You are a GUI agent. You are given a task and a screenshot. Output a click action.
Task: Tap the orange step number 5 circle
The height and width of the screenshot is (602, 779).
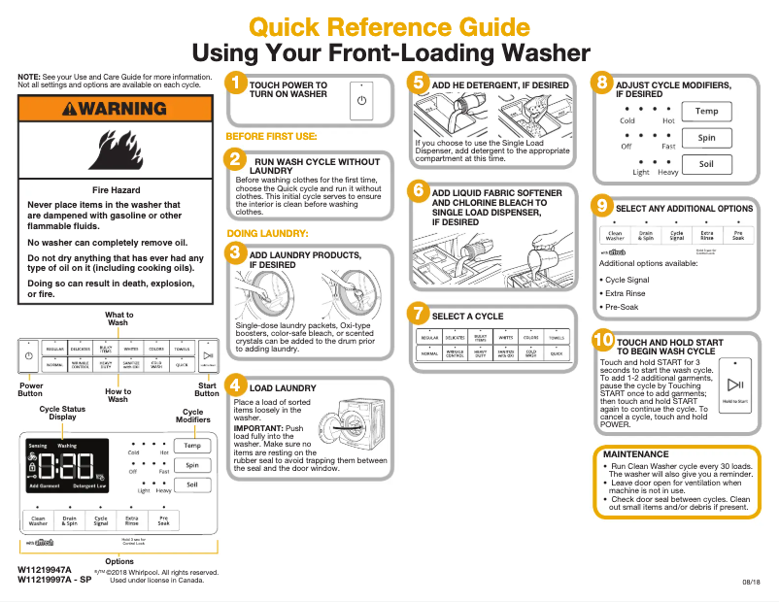[x=418, y=83]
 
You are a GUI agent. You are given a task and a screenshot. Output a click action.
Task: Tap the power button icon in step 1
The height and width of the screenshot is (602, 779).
[x=361, y=100]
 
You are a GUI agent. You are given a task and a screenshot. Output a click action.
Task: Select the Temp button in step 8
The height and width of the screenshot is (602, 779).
[x=706, y=112]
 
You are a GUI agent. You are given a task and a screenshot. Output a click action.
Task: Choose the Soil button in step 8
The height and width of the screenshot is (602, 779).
[x=706, y=164]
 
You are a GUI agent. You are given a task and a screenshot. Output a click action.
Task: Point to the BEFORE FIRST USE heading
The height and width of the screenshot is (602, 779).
[x=271, y=137]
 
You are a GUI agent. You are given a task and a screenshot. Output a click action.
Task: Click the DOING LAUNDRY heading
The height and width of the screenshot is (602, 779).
[x=267, y=234]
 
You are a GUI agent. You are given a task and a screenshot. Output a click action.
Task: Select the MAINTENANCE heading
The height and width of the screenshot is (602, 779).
[x=635, y=454]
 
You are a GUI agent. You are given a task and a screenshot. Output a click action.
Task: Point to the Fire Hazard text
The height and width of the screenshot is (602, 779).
[x=116, y=190]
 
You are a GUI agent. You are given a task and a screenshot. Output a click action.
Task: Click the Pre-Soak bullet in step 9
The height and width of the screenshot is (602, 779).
[x=624, y=308]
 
